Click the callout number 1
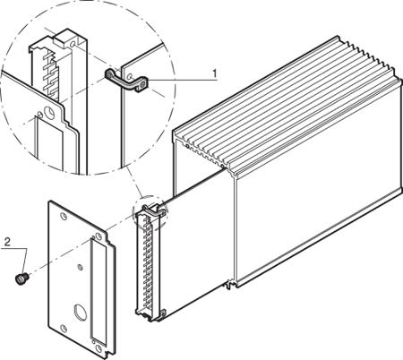[x=214, y=73]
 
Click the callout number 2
[x=7, y=242]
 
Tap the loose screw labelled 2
[x=21, y=279]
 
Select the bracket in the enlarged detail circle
[x=126, y=81]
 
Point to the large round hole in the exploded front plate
[x=80, y=312]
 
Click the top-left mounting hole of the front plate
[x=64, y=216]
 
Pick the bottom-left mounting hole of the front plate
[x=64, y=329]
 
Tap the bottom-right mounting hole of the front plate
[x=99, y=348]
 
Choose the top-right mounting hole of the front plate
[x=99, y=236]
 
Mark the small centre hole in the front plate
[x=80, y=267]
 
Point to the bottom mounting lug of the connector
[x=163, y=313]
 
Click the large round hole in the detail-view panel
[x=49, y=113]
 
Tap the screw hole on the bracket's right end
[x=143, y=85]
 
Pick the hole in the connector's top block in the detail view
[x=73, y=45]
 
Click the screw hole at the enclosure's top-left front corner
[x=186, y=146]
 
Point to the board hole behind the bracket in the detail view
[x=130, y=77]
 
